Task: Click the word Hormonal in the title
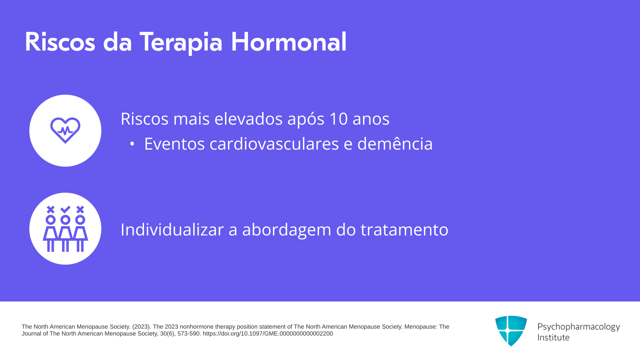coord(289,42)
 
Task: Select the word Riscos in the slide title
coord(60,42)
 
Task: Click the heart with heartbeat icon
coord(65,130)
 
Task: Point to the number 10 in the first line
coord(339,119)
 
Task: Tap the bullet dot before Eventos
coord(132,144)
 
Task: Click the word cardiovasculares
coord(274,144)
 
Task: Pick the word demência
coord(395,143)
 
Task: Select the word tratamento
coord(404,230)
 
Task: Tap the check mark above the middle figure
coord(65,209)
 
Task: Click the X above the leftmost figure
coord(51,209)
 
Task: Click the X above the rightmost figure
coord(80,209)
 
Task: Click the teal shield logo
coord(511,331)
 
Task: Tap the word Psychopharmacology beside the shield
coord(579,327)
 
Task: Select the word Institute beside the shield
coord(553,337)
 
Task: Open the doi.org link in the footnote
coord(268,334)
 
